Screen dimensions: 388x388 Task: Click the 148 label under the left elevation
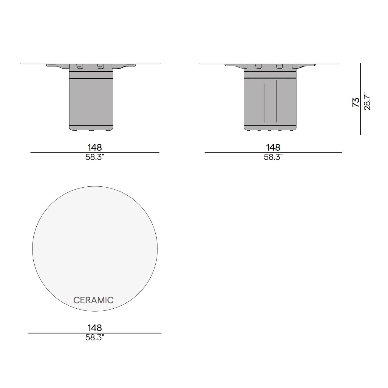click(x=95, y=148)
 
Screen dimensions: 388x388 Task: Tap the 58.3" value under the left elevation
click(x=95, y=157)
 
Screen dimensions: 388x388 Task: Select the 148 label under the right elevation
click(x=273, y=148)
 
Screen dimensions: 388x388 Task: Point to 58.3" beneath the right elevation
click(x=273, y=157)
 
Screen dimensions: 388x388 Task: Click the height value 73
click(x=356, y=103)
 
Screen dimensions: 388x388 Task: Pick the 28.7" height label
click(x=367, y=101)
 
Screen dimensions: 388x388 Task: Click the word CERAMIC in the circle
click(x=93, y=300)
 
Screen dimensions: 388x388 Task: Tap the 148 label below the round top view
click(x=95, y=328)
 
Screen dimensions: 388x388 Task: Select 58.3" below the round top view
click(x=95, y=338)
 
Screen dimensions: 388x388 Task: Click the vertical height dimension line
click(x=361, y=99)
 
